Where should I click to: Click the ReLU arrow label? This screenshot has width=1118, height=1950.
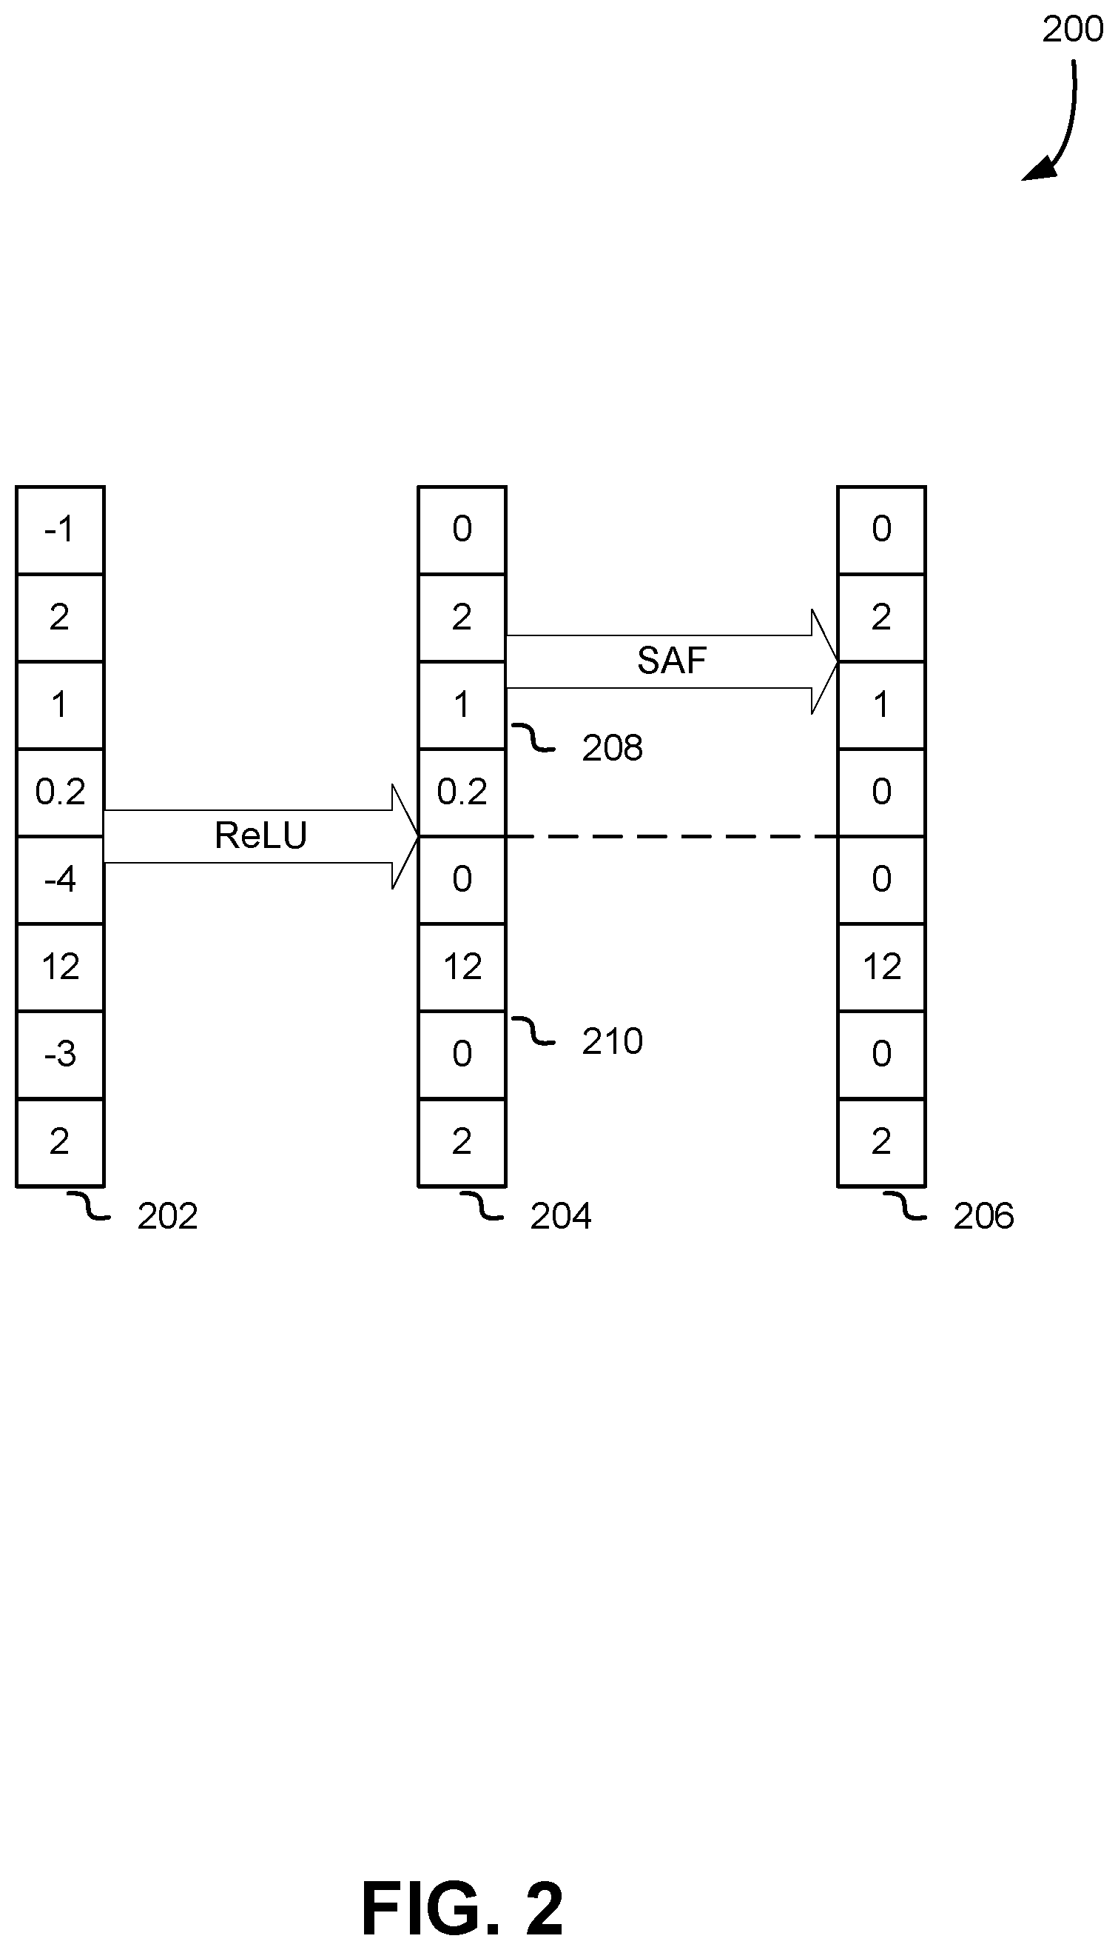coord(260,836)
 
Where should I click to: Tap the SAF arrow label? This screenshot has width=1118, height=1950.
coord(672,661)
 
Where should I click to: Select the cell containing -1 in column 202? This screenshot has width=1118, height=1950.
coord(60,530)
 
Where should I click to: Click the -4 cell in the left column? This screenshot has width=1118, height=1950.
coord(60,880)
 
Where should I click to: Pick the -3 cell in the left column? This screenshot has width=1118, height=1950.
coord(60,1055)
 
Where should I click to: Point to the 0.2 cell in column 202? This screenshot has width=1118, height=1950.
coord(60,792)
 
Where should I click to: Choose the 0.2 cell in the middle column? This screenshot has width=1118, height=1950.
coord(462,792)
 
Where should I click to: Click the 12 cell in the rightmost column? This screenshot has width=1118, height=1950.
coord(881,967)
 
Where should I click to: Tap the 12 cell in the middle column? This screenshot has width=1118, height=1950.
coord(462,967)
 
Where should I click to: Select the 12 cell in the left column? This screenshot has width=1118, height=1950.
coord(60,967)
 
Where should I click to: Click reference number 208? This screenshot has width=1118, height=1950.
coord(612,748)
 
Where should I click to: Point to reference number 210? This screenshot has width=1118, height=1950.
coord(612,1042)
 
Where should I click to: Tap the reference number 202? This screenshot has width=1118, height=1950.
coord(167,1216)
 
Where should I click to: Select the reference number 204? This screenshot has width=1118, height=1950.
coord(561,1216)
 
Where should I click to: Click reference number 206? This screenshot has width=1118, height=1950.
coord(983,1216)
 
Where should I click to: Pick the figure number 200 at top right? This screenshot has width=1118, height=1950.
coord(1073,29)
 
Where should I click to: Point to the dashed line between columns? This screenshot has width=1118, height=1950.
coord(672,836)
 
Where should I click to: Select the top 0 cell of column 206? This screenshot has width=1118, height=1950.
coord(881,530)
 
